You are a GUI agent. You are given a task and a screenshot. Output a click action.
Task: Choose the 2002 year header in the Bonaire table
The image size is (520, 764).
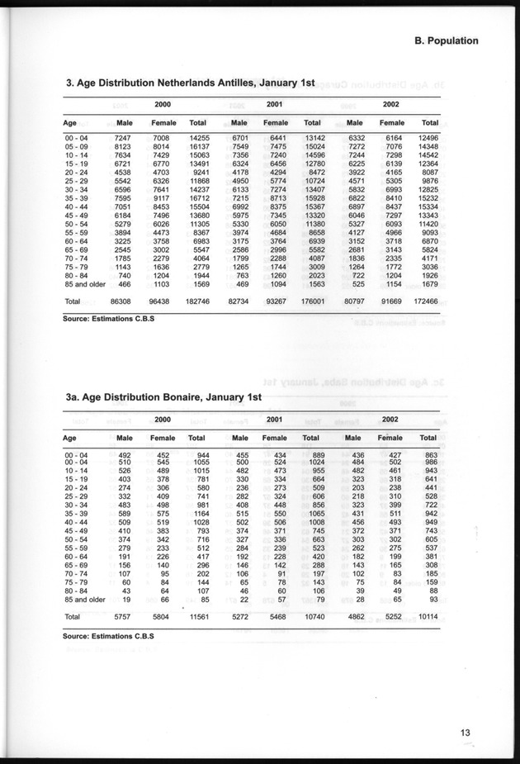(390, 420)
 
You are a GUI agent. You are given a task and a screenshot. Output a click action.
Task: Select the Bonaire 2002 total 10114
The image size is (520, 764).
(428, 616)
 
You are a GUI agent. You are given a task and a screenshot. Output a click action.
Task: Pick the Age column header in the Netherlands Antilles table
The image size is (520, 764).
(71, 123)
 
